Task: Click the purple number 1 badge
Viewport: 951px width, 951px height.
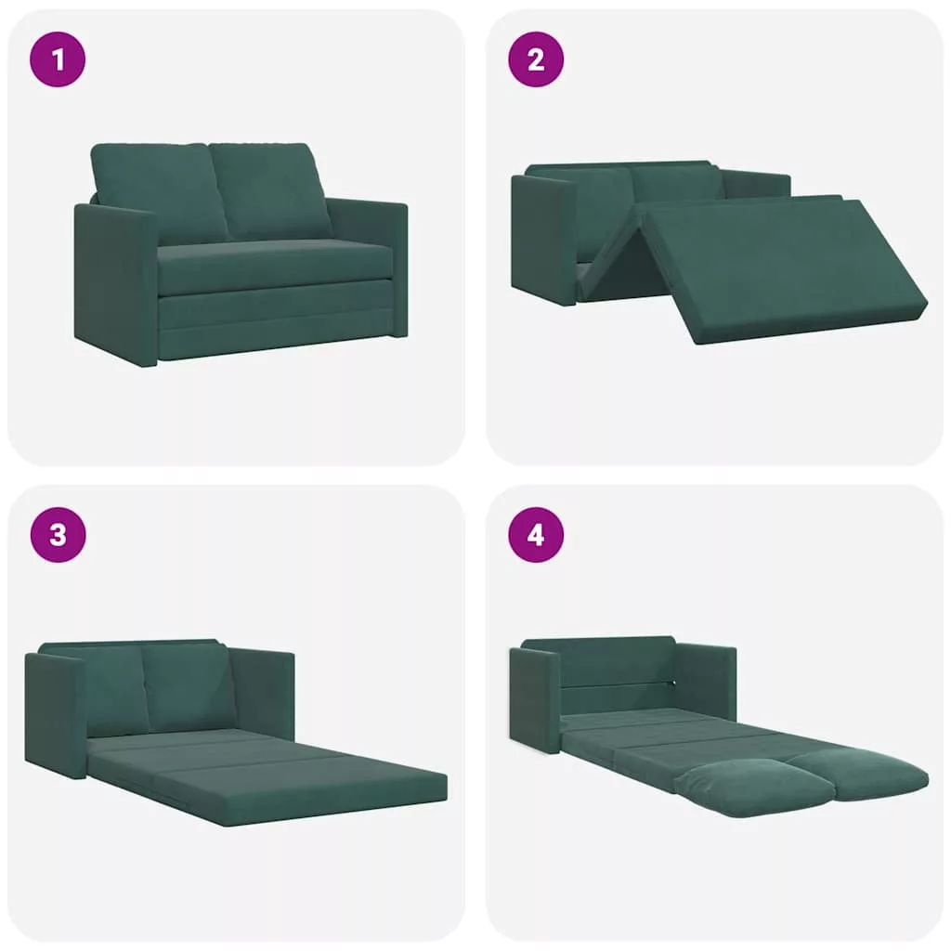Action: click(x=58, y=59)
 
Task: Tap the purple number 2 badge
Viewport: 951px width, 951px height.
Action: click(x=536, y=59)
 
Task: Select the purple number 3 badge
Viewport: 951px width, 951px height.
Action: click(x=58, y=535)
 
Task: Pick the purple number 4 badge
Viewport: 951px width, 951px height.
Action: click(x=536, y=535)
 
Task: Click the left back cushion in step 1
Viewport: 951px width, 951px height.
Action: click(x=158, y=191)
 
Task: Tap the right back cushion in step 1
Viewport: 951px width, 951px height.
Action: click(x=270, y=191)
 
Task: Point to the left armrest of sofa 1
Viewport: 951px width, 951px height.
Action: click(x=115, y=285)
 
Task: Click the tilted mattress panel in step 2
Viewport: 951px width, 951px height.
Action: click(x=782, y=270)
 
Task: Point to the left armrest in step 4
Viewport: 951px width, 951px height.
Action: click(x=535, y=699)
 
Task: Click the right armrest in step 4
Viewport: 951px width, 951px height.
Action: click(x=706, y=681)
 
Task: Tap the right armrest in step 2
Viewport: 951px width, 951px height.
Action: click(x=756, y=184)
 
